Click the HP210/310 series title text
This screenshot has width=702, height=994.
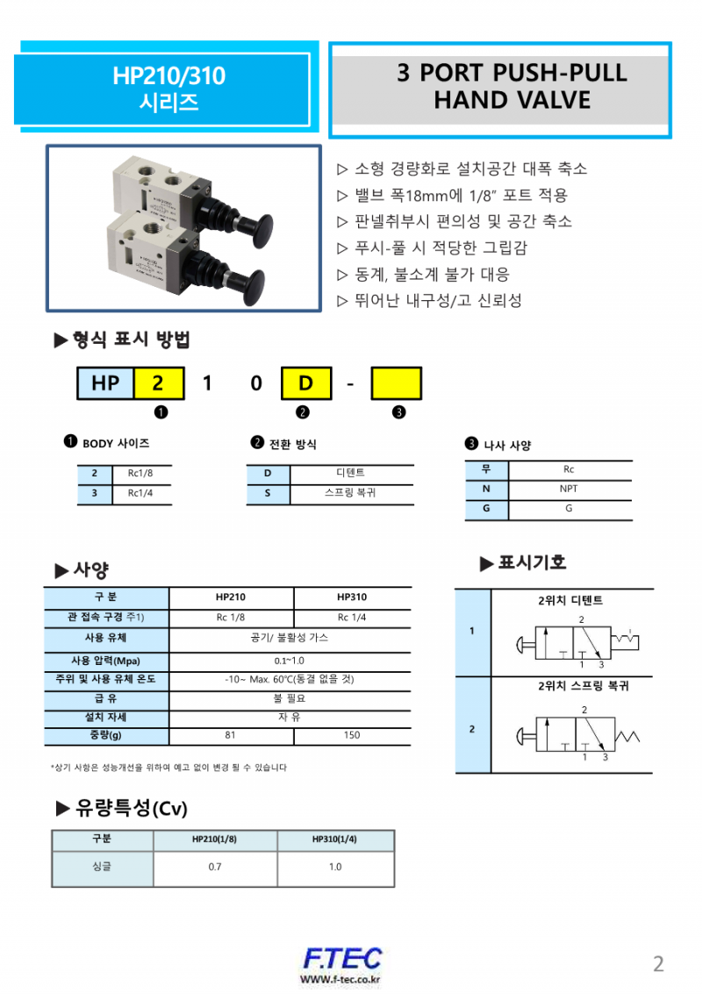tap(168, 89)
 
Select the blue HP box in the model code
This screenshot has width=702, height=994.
tap(105, 383)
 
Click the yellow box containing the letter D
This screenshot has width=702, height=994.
tap(306, 383)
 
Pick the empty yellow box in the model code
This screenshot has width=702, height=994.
tap(396, 383)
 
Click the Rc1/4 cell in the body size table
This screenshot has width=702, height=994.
tap(140, 494)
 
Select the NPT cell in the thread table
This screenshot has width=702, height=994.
tap(569, 490)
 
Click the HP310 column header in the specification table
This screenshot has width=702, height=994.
tap(351, 597)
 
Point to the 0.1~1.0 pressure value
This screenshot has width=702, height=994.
tap(290, 661)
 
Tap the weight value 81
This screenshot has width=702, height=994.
tap(231, 735)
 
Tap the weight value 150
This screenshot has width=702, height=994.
tap(351, 735)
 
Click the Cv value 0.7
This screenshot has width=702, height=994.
tap(215, 867)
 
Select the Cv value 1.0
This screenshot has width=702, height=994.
tap(335, 867)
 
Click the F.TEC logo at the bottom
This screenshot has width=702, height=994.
tap(342, 959)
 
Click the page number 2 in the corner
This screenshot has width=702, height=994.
tap(658, 964)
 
